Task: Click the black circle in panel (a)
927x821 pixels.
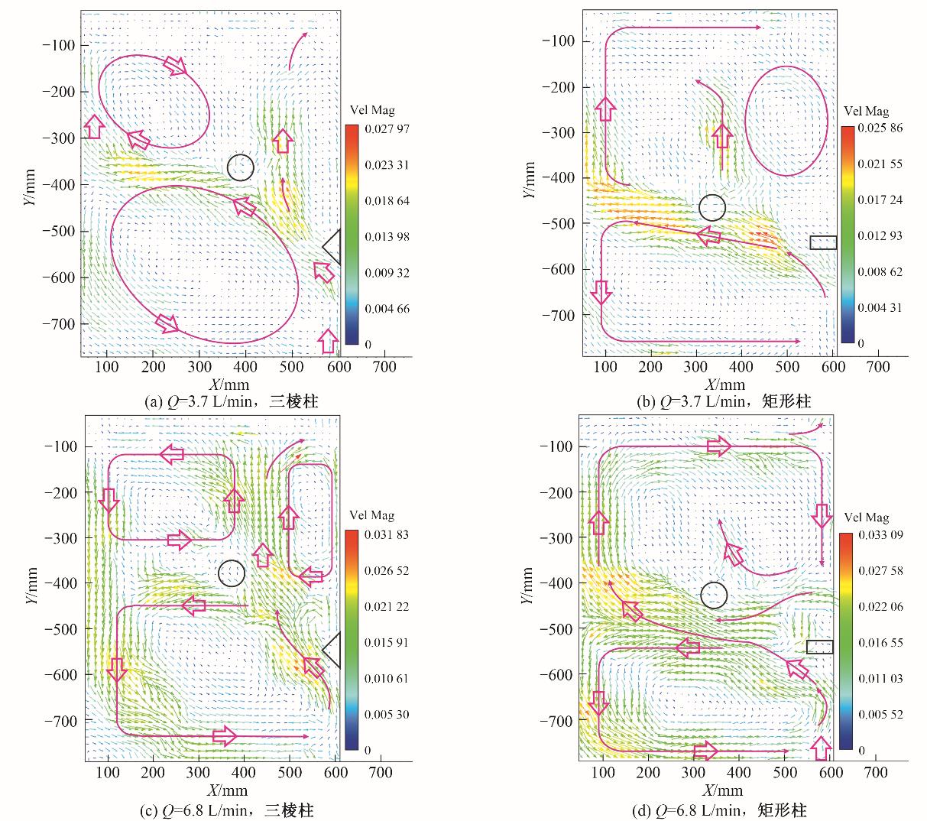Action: pos(240,167)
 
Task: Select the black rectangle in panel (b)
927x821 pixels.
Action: pos(823,242)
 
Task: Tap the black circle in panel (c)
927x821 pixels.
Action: pos(231,573)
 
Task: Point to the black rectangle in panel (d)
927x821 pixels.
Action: pos(819,647)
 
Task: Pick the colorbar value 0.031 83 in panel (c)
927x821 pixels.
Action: pos(387,534)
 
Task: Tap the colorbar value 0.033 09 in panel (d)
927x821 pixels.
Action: pos(881,534)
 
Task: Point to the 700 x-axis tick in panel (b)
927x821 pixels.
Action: pos(878,367)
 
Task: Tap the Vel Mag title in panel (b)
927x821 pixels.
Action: pos(864,112)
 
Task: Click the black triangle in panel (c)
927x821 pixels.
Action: pos(332,650)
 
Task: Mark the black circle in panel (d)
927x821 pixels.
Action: pos(714,595)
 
